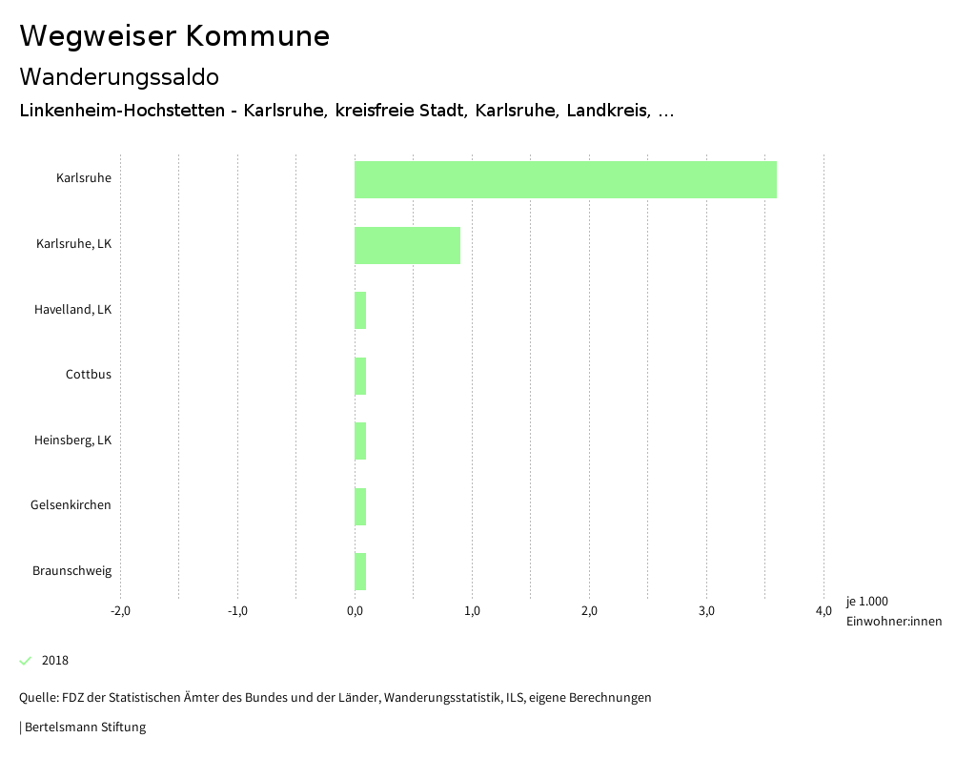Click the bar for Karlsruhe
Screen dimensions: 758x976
point(565,179)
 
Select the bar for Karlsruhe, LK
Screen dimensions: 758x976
point(407,245)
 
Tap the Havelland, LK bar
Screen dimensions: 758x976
point(360,311)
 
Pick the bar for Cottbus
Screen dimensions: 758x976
point(360,376)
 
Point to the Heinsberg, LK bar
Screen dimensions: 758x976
point(360,441)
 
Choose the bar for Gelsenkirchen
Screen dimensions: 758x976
point(360,506)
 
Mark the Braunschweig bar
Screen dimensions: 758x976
point(360,572)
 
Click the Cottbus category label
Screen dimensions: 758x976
point(89,375)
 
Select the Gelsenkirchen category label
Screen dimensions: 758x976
point(71,505)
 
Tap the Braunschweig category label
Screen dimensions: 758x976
point(71,571)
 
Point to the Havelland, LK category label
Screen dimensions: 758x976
point(72,310)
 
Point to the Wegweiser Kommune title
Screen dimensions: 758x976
point(174,36)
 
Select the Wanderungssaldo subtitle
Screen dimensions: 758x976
point(119,76)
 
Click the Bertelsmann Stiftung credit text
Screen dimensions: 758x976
point(84,727)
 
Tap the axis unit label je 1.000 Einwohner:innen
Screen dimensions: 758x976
point(893,611)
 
